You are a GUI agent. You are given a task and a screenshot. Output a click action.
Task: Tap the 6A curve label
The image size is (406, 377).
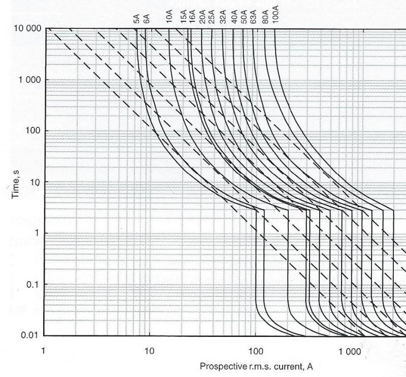coord(146,19)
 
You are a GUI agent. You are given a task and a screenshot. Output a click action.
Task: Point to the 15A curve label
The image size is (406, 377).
coord(184,17)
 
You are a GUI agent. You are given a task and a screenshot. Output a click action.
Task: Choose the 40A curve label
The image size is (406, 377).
coord(234,17)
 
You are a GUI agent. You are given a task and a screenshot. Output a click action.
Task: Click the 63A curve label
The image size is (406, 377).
coord(253,17)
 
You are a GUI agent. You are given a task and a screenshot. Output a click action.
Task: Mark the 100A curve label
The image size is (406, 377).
coord(275,15)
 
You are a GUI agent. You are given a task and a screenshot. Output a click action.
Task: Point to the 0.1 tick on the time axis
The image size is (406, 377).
coord(33,284)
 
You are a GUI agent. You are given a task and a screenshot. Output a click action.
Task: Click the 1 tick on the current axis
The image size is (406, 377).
coord(44,351)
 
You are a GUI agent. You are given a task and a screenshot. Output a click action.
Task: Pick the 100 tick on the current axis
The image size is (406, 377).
coord(256,351)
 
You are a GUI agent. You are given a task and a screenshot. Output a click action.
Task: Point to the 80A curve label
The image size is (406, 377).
coord(264,17)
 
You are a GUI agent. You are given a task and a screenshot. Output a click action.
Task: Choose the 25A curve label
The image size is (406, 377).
coord(211,17)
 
